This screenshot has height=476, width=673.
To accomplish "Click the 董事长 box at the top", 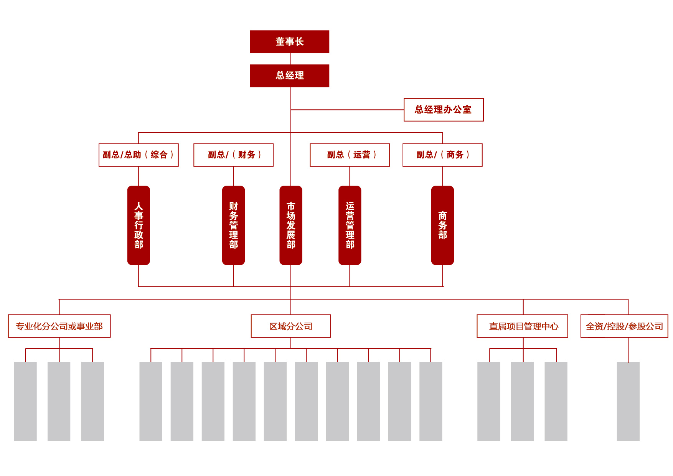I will pos(289,42).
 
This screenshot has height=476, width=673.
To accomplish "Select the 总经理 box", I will pos(289,76).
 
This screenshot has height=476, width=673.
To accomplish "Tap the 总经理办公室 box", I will pos(443,110).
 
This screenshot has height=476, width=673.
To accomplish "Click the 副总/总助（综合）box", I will pos(139,155).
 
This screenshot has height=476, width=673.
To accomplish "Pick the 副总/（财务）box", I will pos(233,155).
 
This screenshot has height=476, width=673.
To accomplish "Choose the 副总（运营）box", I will pos(350,155).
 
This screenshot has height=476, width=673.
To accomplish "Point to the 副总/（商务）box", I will pos(442,155).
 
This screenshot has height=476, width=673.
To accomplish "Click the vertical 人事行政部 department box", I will pos(139,225).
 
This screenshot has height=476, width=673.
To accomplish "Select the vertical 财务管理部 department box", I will pos(233,225).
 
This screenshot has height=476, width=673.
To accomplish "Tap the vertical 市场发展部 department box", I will pos(291,225).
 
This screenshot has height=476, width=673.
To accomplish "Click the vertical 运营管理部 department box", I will pos(350,225).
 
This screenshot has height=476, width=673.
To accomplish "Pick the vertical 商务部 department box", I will pos(442,225).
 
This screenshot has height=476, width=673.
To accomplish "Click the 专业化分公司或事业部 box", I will pos(59,326).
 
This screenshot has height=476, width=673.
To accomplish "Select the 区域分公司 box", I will pos(290,326).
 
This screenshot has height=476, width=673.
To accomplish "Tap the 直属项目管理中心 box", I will pos(522,326).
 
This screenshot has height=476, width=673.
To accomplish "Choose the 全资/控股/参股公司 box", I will pos(624,326).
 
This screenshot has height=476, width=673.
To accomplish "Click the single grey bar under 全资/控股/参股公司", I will pos(628,401).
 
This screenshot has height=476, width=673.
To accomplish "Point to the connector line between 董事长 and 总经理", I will pos(291,59).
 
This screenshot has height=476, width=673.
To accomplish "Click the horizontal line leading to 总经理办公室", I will pos(347,110).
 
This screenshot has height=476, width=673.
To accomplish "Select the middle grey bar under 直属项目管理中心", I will pos(522,401).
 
